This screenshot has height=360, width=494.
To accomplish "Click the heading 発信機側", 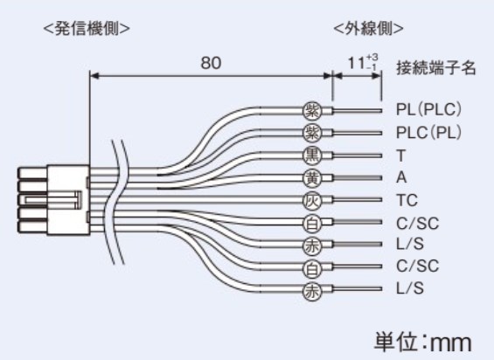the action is pyautogui.click(x=87, y=29).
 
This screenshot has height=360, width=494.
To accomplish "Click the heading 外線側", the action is pyautogui.click(x=368, y=29).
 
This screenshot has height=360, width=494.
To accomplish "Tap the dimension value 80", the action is pyautogui.click(x=211, y=63).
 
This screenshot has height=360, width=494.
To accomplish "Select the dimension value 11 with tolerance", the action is pyautogui.click(x=362, y=62).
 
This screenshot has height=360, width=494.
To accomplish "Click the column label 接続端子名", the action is pyautogui.click(x=435, y=68).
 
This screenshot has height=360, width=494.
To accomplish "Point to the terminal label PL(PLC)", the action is pyautogui.click(x=428, y=109).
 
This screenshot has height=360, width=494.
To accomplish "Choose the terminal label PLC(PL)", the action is pyautogui.click(x=428, y=132).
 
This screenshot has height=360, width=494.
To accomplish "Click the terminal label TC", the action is pyautogui.click(x=407, y=200).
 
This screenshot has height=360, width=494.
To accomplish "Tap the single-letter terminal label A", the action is pyautogui.click(x=401, y=177).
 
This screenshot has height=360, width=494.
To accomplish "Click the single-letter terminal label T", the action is pyautogui.click(x=401, y=156).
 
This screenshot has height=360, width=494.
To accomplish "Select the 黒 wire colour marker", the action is pyautogui.click(x=312, y=156).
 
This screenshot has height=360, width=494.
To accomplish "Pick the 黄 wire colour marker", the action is pyautogui.click(x=312, y=178).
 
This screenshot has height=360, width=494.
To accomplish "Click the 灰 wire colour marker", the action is pyautogui.click(x=312, y=200).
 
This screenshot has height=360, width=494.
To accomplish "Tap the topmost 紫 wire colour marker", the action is pyautogui.click(x=312, y=111).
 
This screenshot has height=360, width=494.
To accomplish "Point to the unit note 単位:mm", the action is pyautogui.click(x=423, y=342).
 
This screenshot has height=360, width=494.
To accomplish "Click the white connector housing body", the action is pyautogui.click(x=67, y=200).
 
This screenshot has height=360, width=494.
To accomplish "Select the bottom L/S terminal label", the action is pyautogui.click(x=409, y=288).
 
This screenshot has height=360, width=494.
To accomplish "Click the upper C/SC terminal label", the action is pyautogui.click(x=417, y=223).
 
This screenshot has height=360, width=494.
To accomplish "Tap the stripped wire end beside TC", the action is pyautogui.click(x=358, y=200).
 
